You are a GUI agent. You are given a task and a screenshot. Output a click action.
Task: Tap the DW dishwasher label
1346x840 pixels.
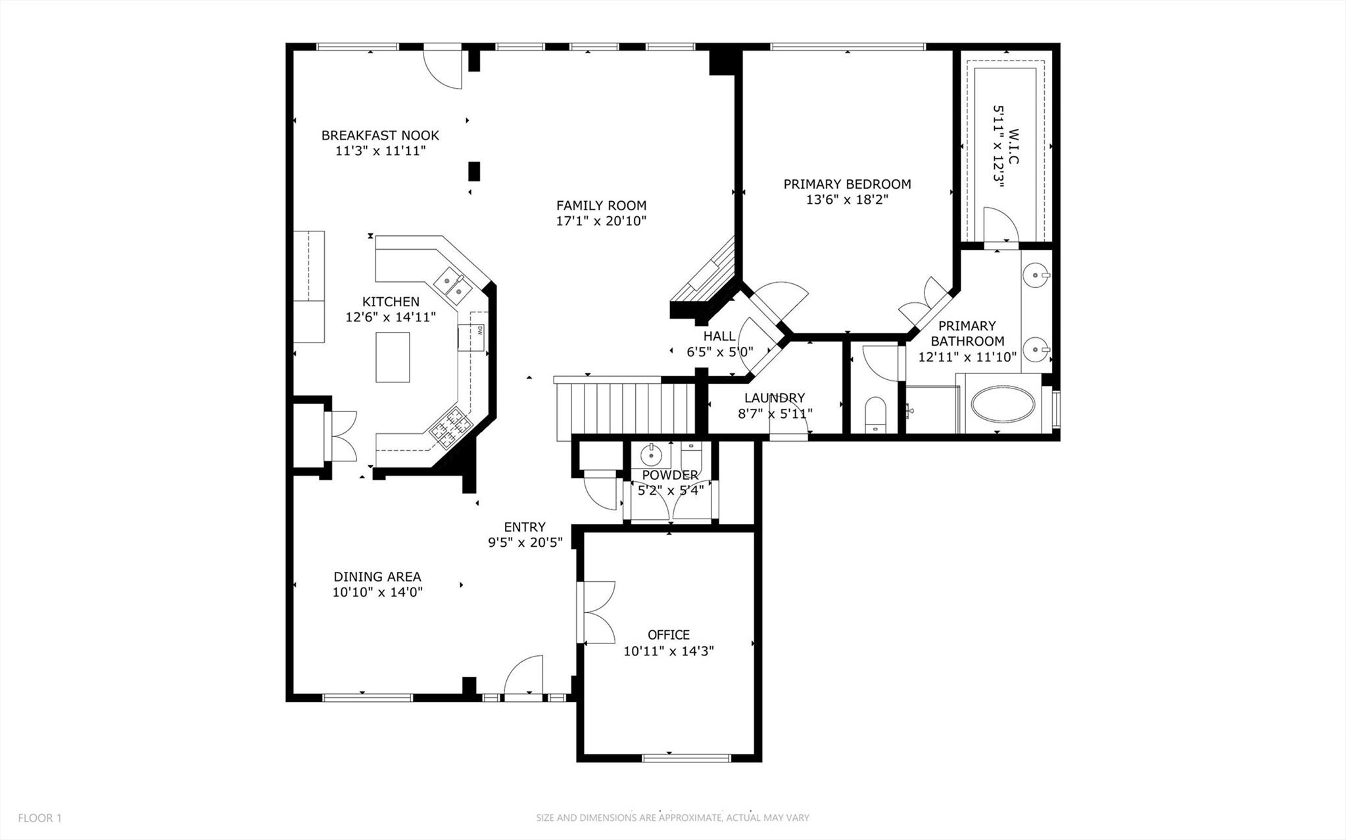480,330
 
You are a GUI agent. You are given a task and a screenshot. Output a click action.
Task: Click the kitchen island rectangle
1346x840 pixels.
393,357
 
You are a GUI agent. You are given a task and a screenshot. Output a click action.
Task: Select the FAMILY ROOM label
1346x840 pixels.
601,206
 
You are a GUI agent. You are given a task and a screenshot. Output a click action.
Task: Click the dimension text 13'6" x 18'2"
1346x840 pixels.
847,200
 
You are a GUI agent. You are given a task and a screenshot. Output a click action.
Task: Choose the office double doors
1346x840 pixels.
597,612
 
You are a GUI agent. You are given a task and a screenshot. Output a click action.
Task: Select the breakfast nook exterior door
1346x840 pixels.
443,67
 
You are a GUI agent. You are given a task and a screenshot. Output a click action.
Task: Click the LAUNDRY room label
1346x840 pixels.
775,398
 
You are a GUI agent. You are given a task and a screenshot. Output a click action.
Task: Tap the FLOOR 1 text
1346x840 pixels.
39,818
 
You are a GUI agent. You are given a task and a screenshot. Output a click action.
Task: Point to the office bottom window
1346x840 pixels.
686,758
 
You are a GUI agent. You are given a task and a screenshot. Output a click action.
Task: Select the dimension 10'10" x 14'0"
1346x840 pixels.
377,592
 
